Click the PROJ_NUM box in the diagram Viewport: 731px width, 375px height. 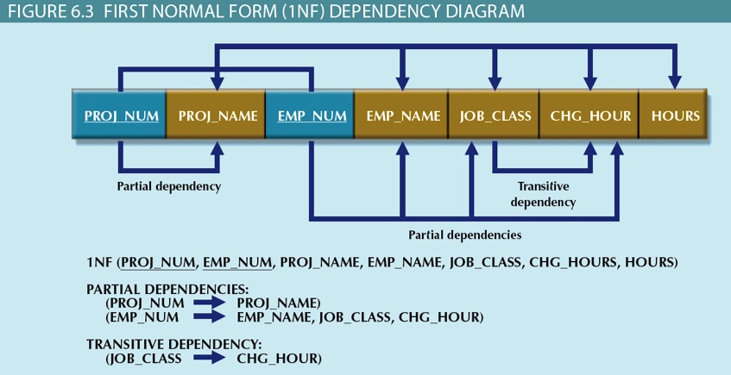(121, 116)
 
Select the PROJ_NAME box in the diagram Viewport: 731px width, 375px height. (217, 116)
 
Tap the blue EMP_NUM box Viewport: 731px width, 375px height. (312, 116)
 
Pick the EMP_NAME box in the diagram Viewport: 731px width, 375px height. (401, 116)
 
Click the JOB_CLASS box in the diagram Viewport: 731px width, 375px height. (495, 116)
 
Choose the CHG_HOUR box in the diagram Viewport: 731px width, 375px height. (590, 116)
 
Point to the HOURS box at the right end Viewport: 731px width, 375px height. (676, 116)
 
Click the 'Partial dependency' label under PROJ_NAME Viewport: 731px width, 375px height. (169, 186)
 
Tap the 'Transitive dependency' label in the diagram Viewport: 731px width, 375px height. (543, 194)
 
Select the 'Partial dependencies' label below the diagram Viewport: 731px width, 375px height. (464, 234)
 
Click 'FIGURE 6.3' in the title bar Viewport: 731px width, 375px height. (47, 11)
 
